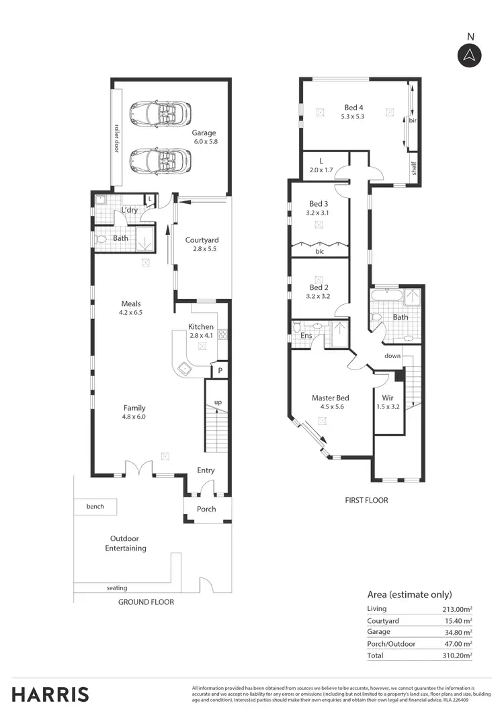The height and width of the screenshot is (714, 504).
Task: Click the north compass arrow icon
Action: click(x=470, y=55)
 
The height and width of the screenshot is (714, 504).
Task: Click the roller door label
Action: click(x=116, y=137)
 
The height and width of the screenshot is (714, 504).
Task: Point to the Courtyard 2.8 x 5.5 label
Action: click(x=202, y=244)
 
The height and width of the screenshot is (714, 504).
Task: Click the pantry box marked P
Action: click(x=219, y=371)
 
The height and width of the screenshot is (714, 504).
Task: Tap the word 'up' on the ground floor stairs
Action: click(x=217, y=402)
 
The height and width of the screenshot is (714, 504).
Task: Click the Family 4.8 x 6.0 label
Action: click(x=134, y=412)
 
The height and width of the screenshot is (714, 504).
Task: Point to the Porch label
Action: click(x=206, y=509)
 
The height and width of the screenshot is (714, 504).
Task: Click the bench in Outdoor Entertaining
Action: click(x=95, y=506)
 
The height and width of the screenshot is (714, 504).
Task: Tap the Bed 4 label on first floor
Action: click(x=354, y=112)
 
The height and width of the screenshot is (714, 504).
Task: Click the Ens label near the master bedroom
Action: click(x=306, y=334)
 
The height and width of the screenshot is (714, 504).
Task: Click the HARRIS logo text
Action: click(x=50, y=694)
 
